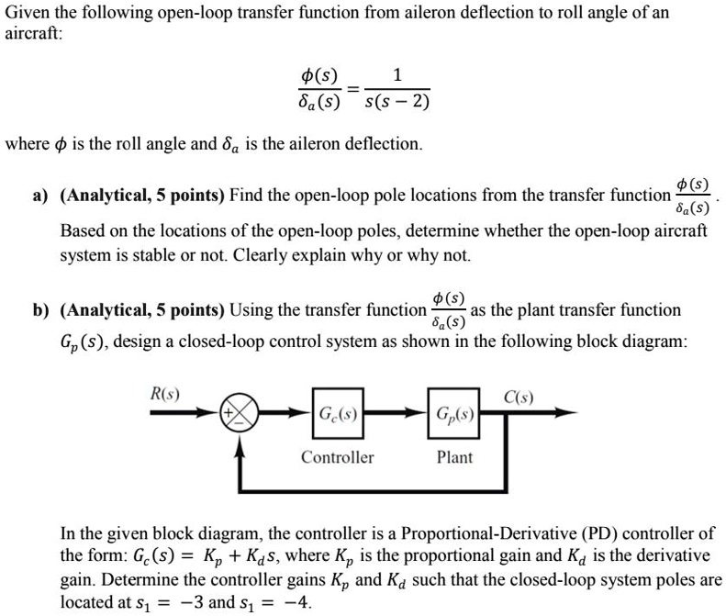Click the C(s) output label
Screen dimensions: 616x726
519,397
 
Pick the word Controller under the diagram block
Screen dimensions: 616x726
337,457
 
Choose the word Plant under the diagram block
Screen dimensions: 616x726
454,457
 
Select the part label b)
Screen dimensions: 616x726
41,310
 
